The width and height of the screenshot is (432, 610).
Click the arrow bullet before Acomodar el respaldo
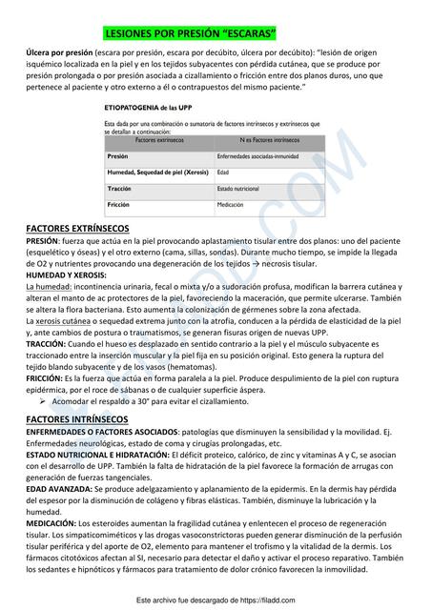click(x=43, y=402)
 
